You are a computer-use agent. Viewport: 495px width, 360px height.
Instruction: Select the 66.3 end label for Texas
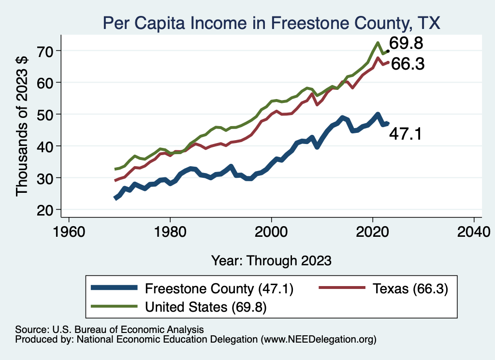click(408, 64)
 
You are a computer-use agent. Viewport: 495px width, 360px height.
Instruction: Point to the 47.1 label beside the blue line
click(405, 134)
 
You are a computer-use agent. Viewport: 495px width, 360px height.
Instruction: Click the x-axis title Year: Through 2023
click(271, 260)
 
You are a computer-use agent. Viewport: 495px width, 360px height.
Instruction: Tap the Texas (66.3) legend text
click(410, 288)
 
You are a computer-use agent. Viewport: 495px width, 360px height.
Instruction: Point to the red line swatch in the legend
click(341, 288)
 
